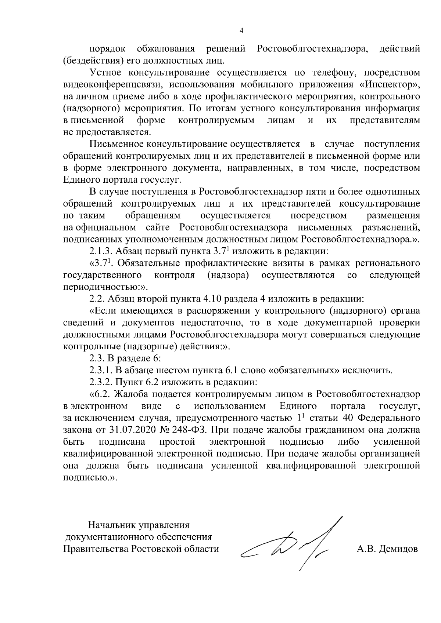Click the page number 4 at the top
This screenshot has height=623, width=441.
241,31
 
